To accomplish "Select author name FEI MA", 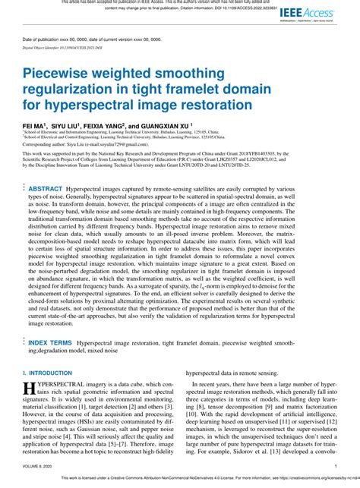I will pyautogui.click(x=36, y=124).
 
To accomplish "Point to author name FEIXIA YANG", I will pyautogui.click(x=122, y=124).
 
